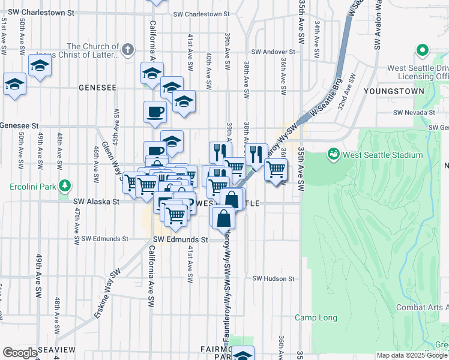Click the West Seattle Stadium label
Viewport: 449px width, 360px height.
pyautogui.click(x=383, y=155)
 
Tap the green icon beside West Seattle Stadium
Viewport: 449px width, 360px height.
pyautogui.click(x=333, y=155)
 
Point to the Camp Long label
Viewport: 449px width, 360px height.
pyautogui.click(x=316, y=317)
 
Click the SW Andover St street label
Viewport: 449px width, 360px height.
pyautogui.click(x=275, y=52)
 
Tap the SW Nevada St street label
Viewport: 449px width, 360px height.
pyautogui.click(x=414, y=112)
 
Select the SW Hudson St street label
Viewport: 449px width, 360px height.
pyautogui.click(x=274, y=278)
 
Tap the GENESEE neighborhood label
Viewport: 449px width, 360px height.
pyautogui.click(x=97, y=87)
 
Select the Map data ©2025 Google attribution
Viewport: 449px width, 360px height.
pyautogui.click(x=412, y=355)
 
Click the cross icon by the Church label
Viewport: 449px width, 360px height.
pyautogui.click(x=128, y=50)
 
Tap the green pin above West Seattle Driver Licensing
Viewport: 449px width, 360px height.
pyautogui.click(x=423, y=51)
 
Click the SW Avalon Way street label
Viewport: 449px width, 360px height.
pyautogui.click(x=378, y=27)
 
